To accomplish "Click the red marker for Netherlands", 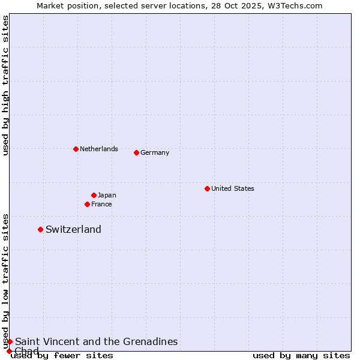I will coord(76,149).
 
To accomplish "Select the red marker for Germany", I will coord(136,152).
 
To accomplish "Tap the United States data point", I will coord(207,188).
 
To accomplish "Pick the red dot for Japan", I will coord(94,195).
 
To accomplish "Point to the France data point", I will coord(87,204).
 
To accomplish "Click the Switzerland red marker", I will coord(40,229).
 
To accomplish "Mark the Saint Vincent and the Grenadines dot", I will coord(10,341).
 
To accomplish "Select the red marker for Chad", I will coord(9,351).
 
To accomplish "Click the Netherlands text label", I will coord(99,149).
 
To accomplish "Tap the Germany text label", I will coord(155,152).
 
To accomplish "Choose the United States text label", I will coord(233,188).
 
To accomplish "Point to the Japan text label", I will coord(107,195).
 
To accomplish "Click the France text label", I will coord(101,204).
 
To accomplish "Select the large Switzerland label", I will coord(73,229).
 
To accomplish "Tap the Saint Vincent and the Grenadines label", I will coord(96,341).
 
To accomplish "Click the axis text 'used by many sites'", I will coord(301,356).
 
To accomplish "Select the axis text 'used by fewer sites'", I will coord(62,356).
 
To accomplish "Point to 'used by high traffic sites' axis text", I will coord(5,85).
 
